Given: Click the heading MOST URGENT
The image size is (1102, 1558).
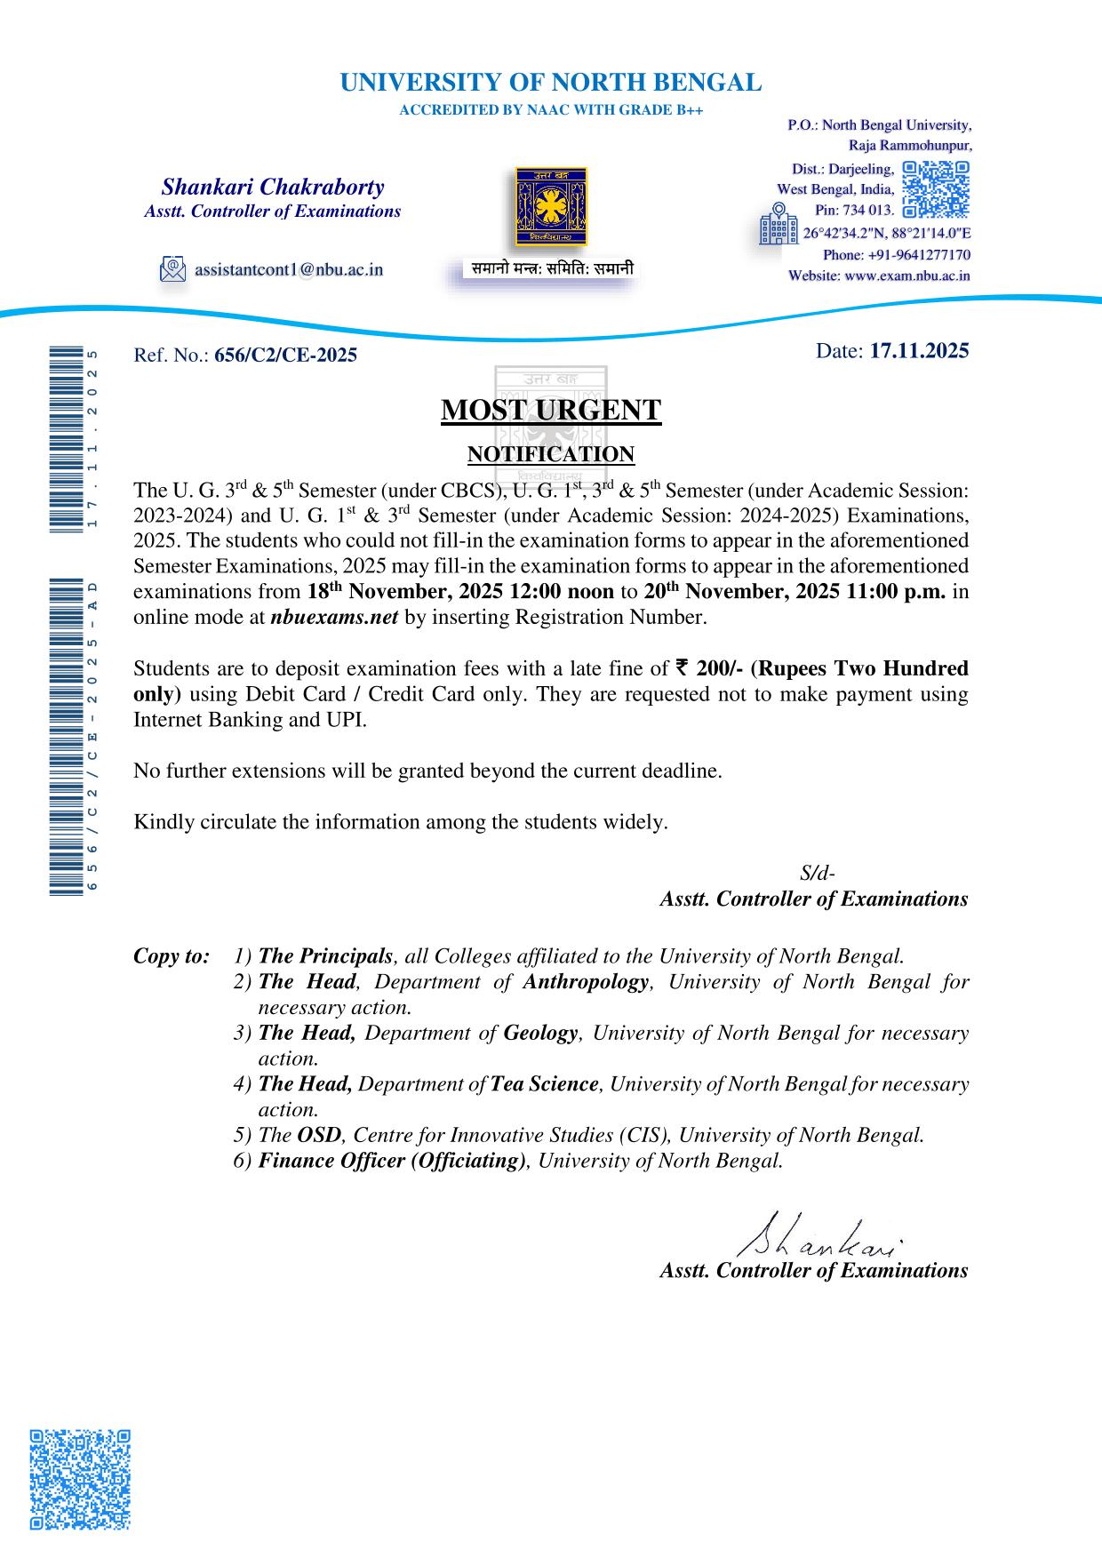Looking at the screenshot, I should (x=551, y=411).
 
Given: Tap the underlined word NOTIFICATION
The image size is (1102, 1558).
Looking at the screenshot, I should (x=551, y=454).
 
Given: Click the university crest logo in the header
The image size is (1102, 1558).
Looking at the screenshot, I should (x=552, y=207).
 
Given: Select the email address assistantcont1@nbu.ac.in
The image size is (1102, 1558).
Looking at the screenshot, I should (x=289, y=268).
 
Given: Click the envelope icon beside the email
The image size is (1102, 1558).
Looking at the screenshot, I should (x=172, y=268).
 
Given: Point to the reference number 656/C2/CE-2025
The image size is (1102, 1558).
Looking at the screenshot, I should (x=285, y=356).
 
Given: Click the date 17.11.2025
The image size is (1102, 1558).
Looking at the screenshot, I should (x=919, y=350).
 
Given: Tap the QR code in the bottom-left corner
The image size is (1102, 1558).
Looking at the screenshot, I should (x=80, y=1479).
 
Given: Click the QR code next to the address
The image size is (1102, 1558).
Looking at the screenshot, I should (x=935, y=189).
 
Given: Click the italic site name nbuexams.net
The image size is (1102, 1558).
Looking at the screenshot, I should (x=333, y=618).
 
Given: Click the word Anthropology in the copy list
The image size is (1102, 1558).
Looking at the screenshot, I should (x=586, y=982).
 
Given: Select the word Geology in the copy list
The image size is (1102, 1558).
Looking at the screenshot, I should (x=540, y=1033).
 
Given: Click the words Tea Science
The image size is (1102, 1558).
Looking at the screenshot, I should (x=545, y=1084).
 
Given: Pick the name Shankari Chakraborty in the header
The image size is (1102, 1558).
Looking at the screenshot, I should (x=273, y=188).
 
